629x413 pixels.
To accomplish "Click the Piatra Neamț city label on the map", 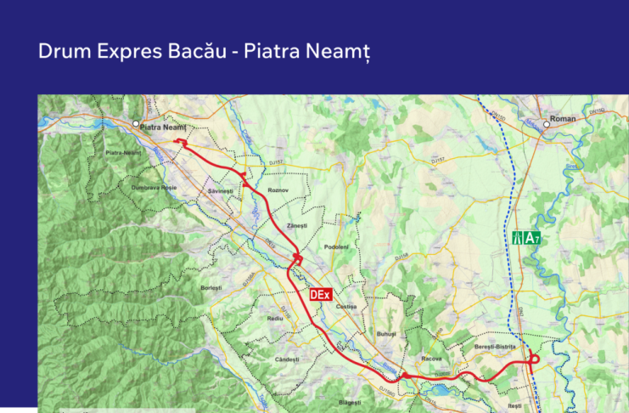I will pos(163,127).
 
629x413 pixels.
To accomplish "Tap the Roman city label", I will pos(563,119).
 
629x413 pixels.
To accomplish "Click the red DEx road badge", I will pos(319,295).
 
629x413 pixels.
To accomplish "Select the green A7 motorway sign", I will pos(525,238).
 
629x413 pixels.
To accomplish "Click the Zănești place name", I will pos(296,225).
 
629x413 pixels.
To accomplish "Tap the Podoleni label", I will pos(337,246).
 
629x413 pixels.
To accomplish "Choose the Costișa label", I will pos(345,306).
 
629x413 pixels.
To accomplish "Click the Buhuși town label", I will pos(387,335).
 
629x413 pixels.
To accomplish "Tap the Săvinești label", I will pos(220,192).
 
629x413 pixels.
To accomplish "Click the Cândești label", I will pos(288,359).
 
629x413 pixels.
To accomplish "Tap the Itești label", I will pos(514,407).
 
